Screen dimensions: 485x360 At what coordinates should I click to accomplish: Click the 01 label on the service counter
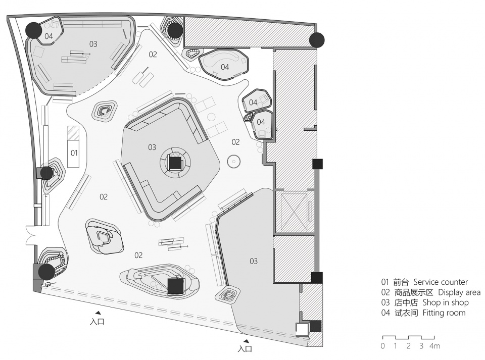pyautogui.click(x=74, y=153)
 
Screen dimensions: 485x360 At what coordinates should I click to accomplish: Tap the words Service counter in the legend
pyautogui.click(x=441, y=282)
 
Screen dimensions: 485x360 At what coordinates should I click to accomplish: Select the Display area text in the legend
pyautogui.click(x=459, y=292)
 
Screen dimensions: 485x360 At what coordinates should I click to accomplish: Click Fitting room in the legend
pyautogui.click(x=444, y=313)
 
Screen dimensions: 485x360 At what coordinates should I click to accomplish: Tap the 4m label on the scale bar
pyautogui.click(x=434, y=346)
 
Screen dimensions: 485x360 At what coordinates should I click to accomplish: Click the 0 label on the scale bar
pyautogui.click(x=383, y=346)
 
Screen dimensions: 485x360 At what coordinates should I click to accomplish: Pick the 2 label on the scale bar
pyautogui.click(x=409, y=346)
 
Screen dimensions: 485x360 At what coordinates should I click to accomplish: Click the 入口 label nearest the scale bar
pyautogui.click(x=245, y=349)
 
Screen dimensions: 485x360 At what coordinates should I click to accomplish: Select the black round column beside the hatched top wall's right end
pyautogui.click(x=317, y=39)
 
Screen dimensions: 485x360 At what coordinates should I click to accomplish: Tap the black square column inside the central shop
pyautogui.click(x=175, y=163)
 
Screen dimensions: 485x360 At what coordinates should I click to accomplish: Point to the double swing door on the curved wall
pyautogui.click(x=31, y=235)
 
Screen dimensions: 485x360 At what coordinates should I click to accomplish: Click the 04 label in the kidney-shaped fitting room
pyautogui.click(x=225, y=67)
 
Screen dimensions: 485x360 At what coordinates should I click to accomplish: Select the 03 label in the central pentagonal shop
pyautogui.click(x=152, y=147)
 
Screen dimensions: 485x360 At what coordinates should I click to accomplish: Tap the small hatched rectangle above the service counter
pyautogui.click(x=74, y=133)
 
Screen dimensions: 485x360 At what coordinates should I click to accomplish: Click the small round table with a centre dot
pyautogui.click(x=233, y=161)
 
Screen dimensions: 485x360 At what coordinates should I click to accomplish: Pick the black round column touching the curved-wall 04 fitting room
pyautogui.click(x=34, y=30)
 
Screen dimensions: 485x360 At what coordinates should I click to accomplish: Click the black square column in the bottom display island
pyautogui.click(x=176, y=286)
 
